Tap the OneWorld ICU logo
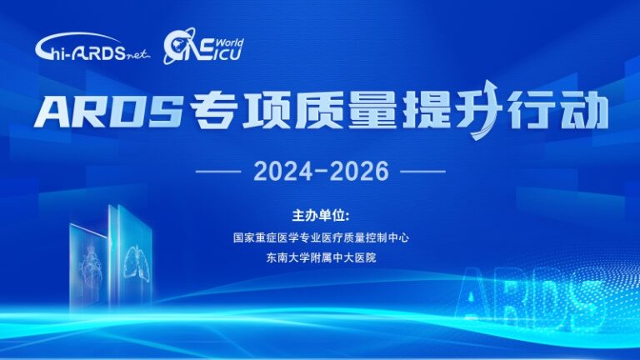point(203,46)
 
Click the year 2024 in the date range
point(282,171)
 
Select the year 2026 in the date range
point(359,171)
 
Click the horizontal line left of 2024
point(218,172)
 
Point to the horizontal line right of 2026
point(422,172)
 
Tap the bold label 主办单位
point(321,216)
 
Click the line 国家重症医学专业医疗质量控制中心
point(321,237)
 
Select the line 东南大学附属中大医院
point(321,257)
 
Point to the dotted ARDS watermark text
point(527,295)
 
